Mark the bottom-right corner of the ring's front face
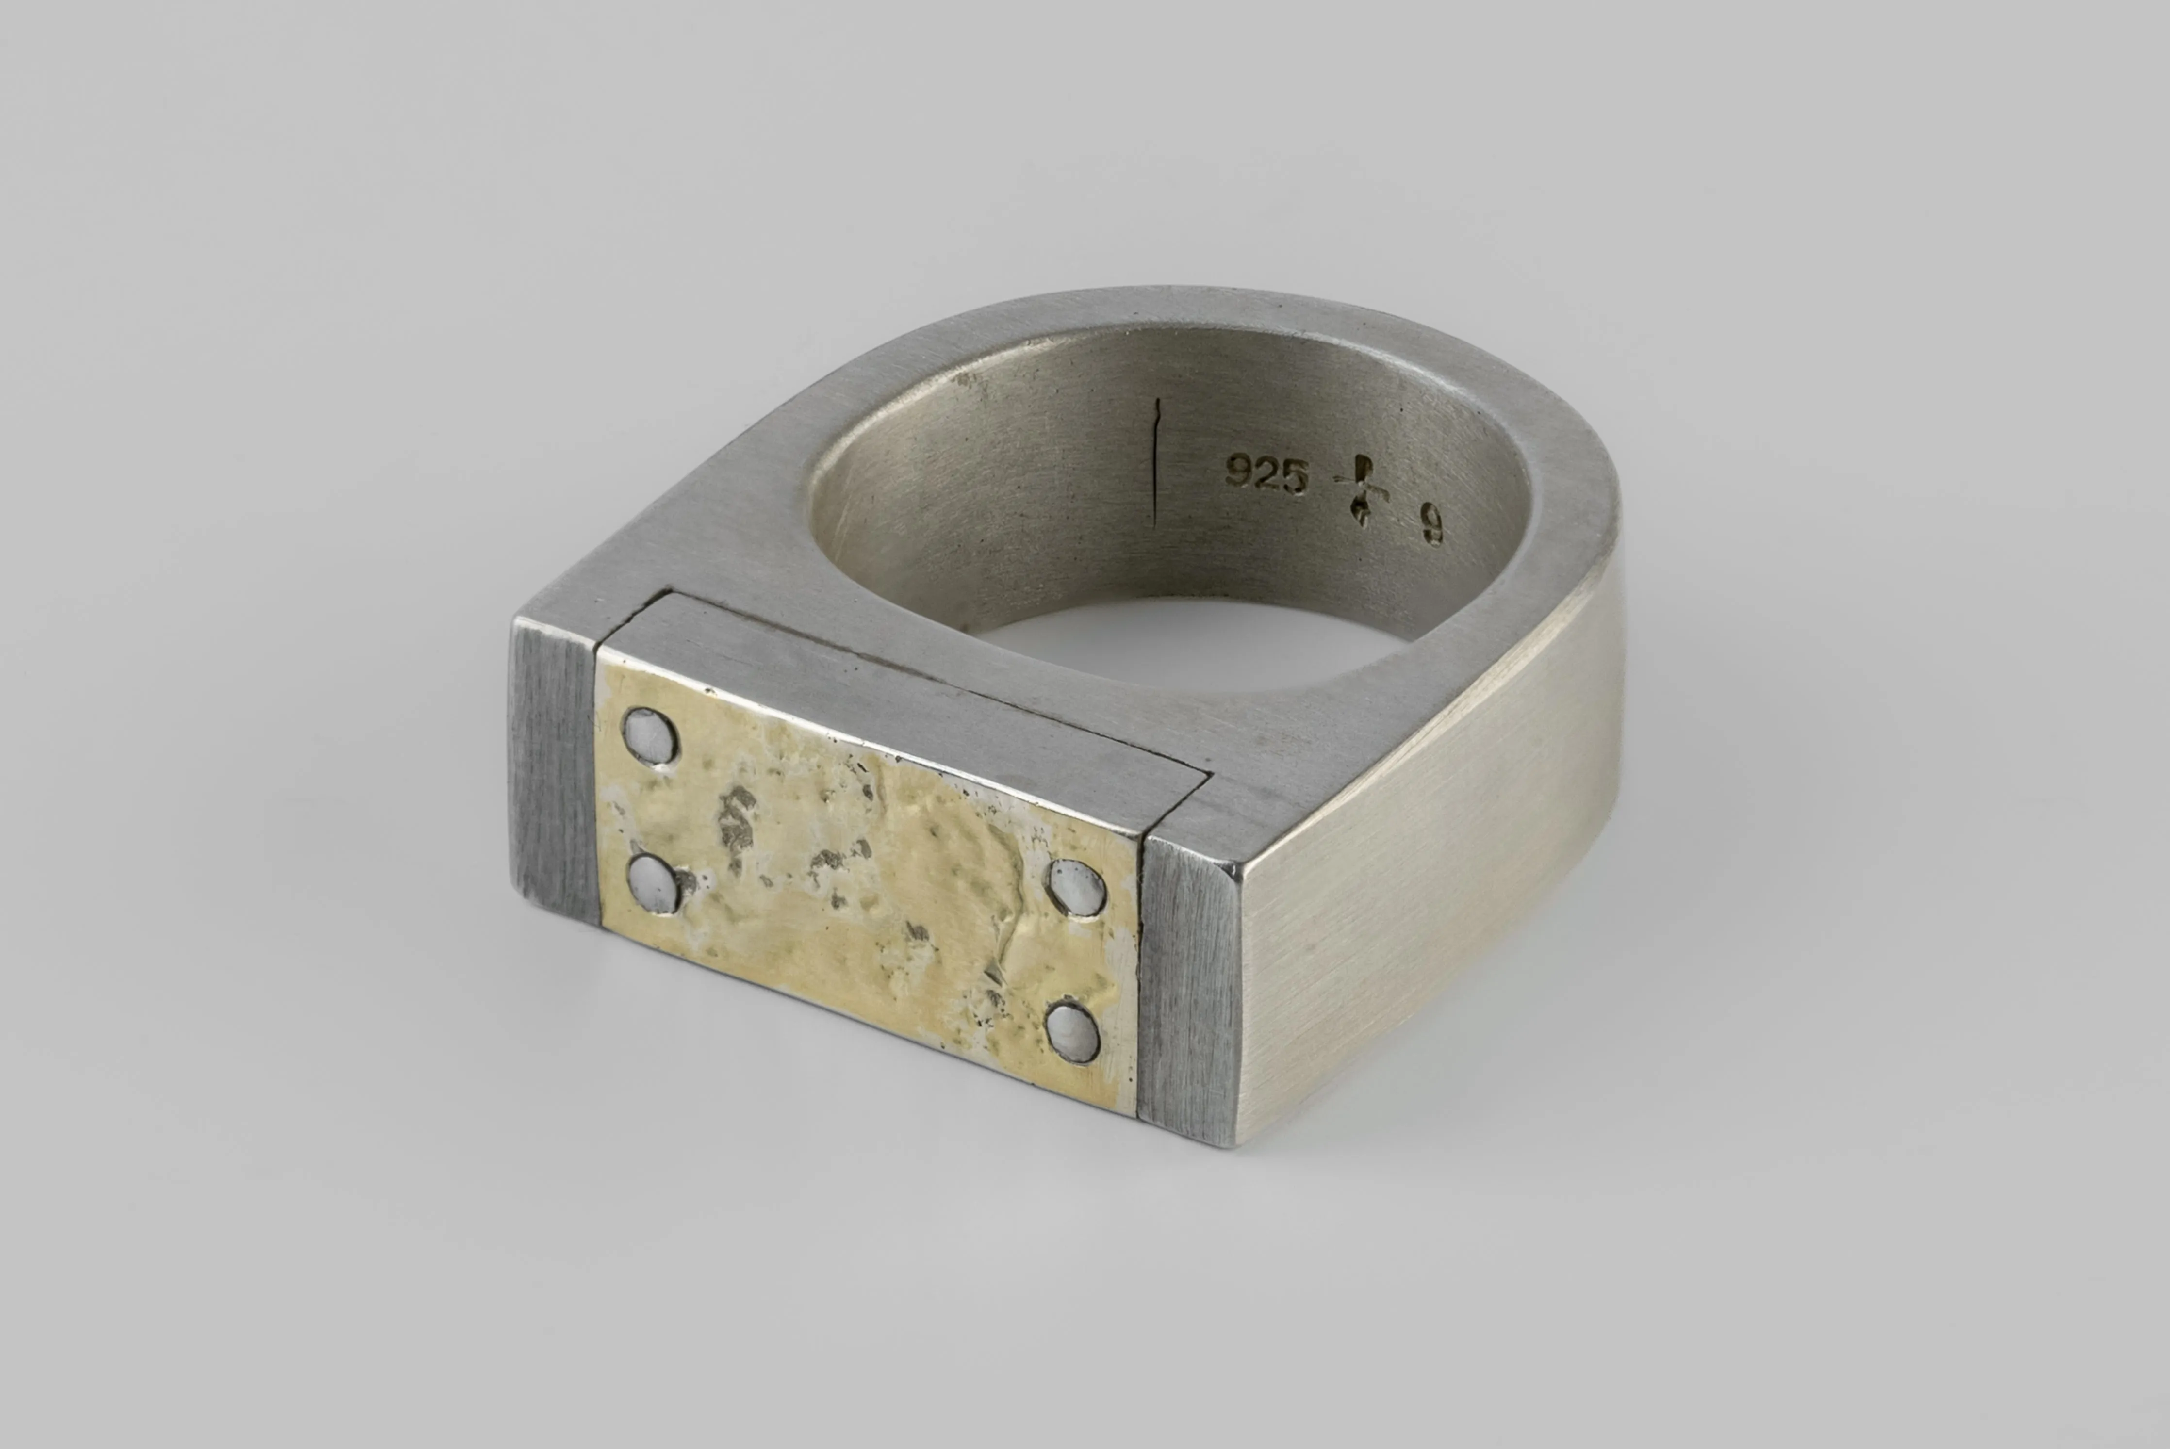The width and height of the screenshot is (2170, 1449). click(1229, 1146)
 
